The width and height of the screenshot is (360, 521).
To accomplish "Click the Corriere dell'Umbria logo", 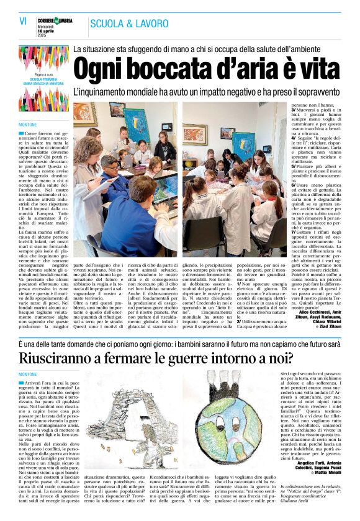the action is coord(57,20).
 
